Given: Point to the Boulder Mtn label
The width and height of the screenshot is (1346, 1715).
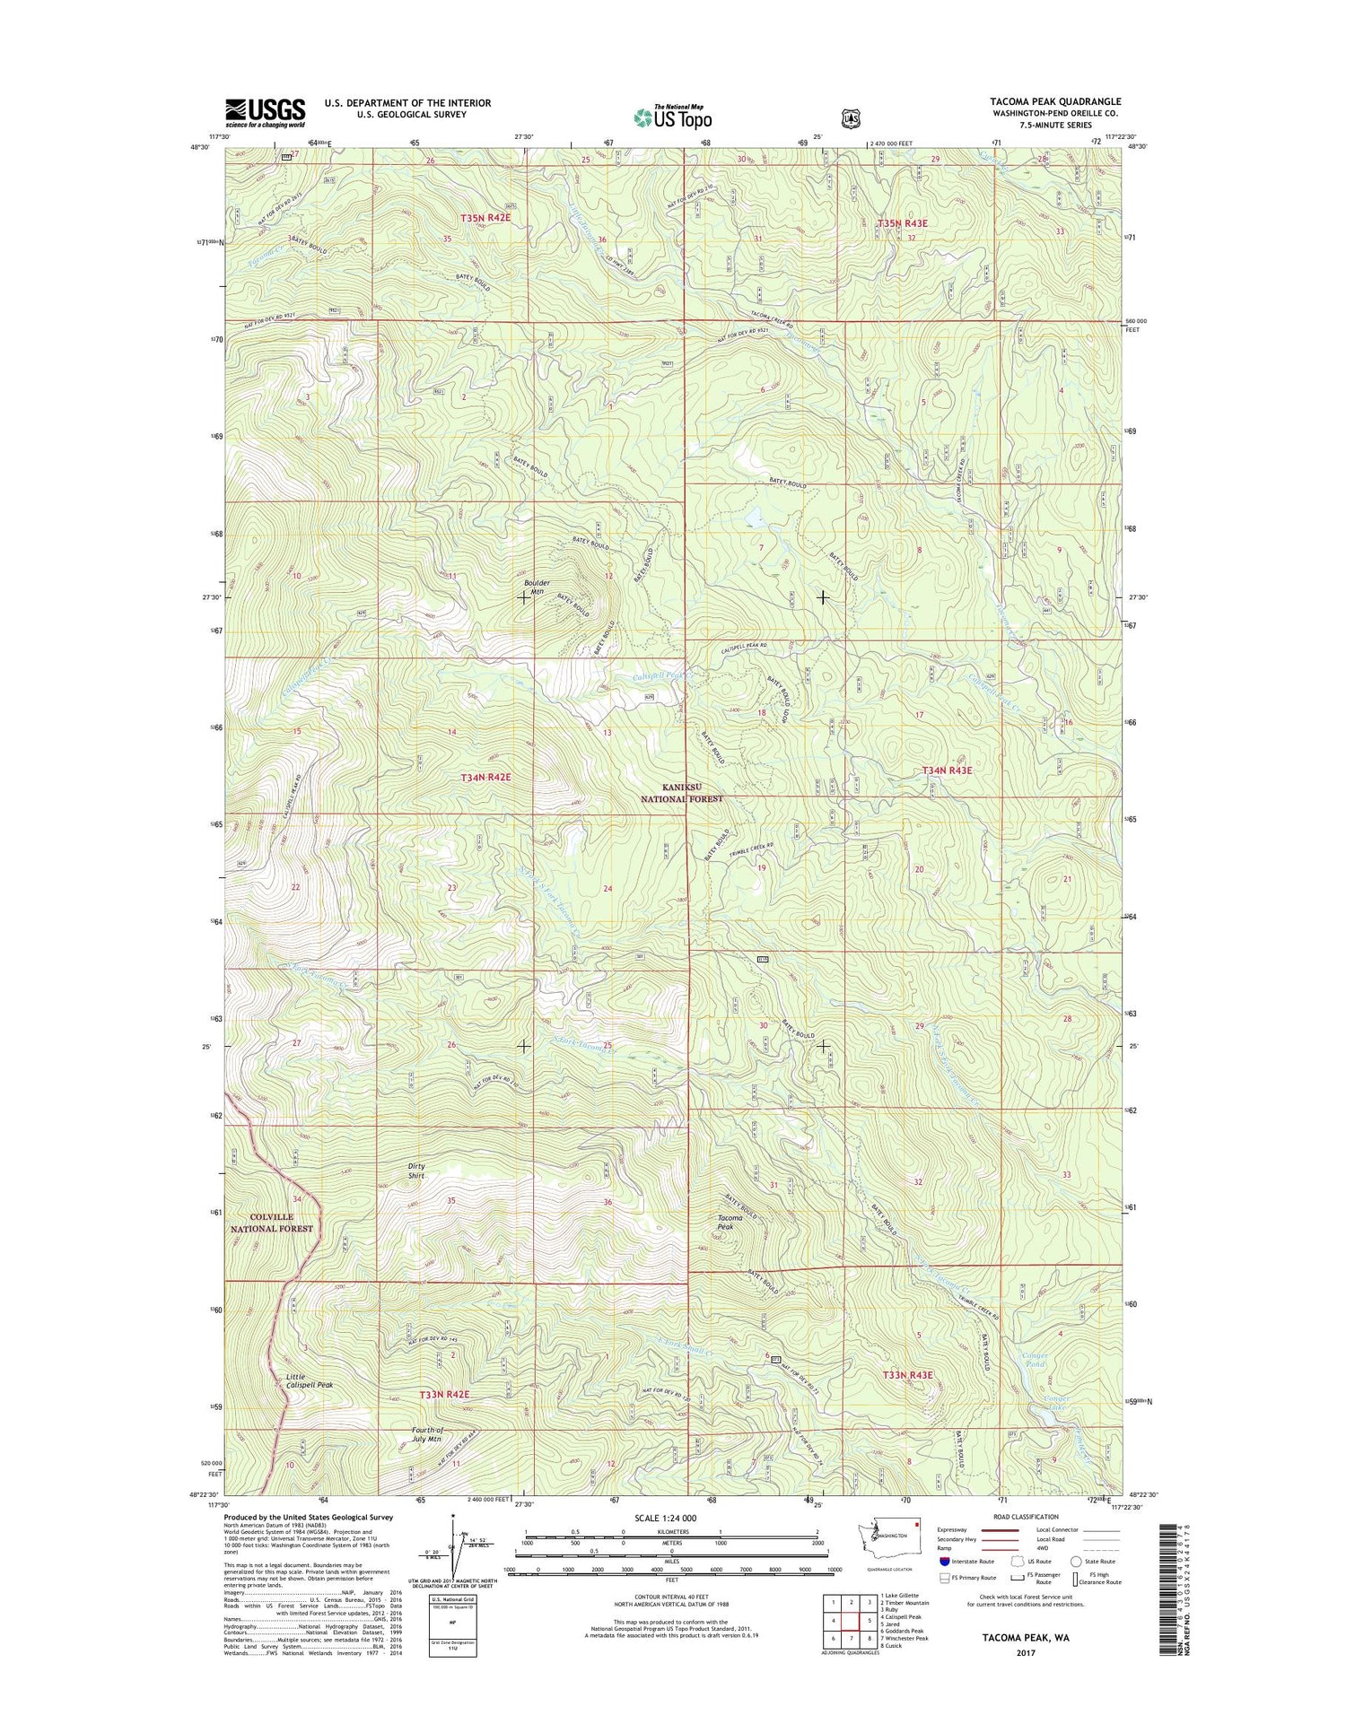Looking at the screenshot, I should click(537, 588).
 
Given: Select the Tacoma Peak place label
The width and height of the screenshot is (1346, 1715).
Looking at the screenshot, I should click(735, 1223).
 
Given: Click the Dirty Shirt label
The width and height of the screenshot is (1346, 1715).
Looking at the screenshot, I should click(416, 1171).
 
